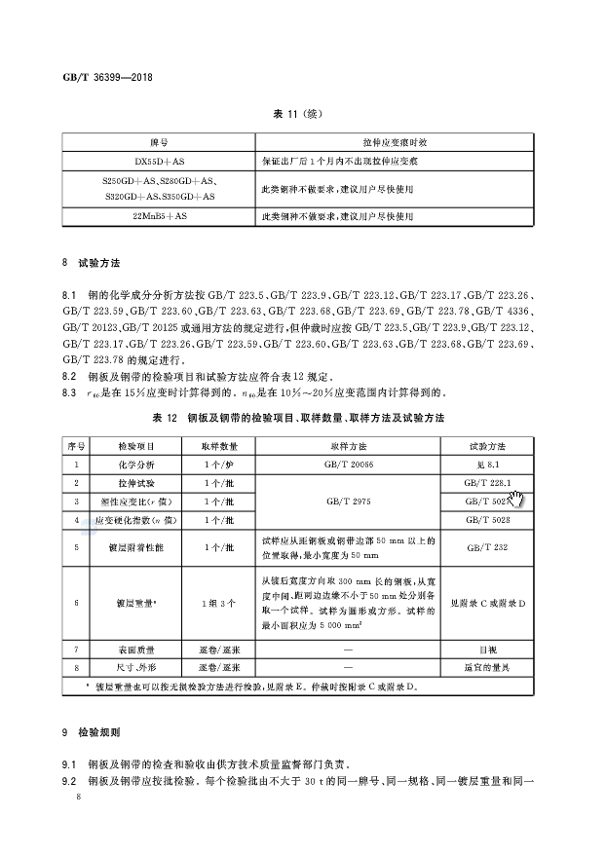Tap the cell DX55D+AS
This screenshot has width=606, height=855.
[x=158, y=158]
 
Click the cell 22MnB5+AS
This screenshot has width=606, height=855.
[x=158, y=215]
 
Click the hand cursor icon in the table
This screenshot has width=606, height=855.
[x=516, y=500]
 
